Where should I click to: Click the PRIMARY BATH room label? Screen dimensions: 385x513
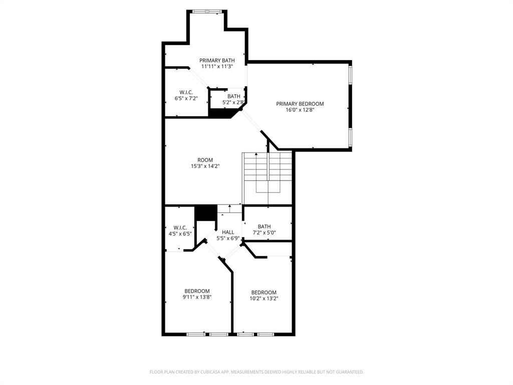tap(217, 60)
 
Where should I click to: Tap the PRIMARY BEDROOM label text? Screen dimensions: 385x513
tap(300, 104)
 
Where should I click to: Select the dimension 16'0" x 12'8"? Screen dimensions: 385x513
tap(300, 110)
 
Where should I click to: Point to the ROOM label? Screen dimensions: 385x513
tap(205, 160)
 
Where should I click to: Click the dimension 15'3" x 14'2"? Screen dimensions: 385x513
tap(205, 166)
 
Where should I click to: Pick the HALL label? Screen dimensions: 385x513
tap(228, 232)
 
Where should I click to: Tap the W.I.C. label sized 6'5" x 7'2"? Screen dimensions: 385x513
tap(186, 92)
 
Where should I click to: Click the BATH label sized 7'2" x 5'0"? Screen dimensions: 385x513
tap(264, 227)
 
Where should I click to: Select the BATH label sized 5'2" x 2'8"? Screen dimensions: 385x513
tap(233, 96)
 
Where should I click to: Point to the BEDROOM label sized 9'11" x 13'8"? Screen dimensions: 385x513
tap(197, 291)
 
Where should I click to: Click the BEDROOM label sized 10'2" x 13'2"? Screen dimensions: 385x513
tap(264, 293)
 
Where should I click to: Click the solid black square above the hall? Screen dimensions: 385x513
tap(205, 213)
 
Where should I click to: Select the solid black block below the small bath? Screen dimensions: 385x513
tap(220, 113)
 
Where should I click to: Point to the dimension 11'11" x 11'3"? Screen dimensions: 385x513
tap(217, 66)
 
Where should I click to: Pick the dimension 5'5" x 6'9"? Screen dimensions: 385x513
tap(228, 239)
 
